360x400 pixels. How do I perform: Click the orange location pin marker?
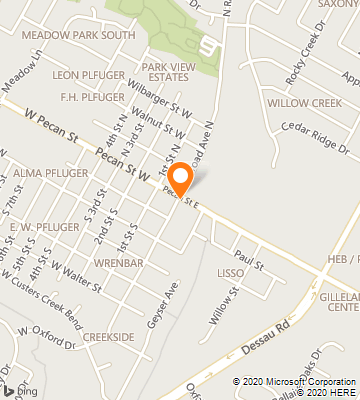point(181,179)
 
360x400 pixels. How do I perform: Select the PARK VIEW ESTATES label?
point(165,71)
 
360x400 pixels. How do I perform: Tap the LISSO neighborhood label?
point(230,272)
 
